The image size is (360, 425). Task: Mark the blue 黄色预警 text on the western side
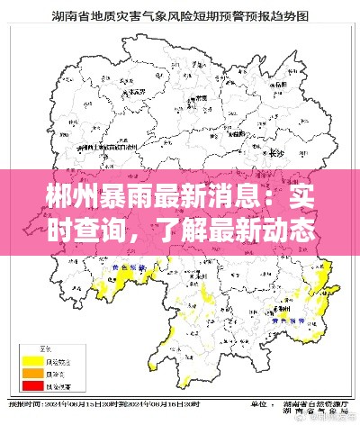126,267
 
